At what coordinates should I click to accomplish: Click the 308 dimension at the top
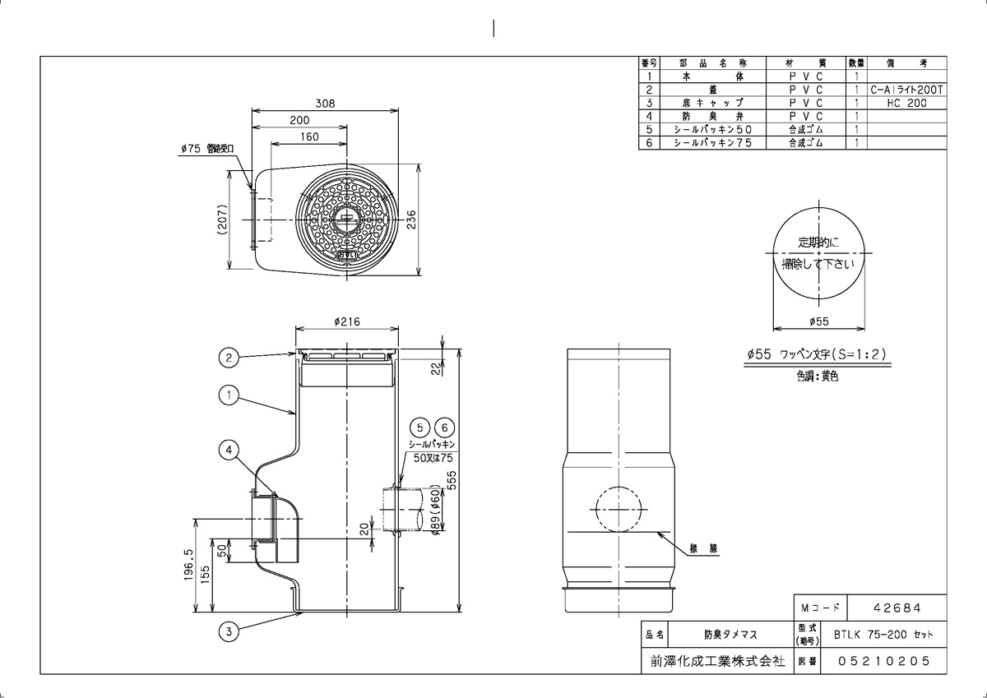[x=326, y=104]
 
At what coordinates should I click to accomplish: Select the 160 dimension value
[x=308, y=136]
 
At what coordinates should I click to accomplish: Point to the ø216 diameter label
[x=348, y=321]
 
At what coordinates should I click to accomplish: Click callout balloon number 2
[x=229, y=358]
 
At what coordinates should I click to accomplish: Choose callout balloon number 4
[x=229, y=449]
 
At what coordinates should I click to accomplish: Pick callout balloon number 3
[x=229, y=631]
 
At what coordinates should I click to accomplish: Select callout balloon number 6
[x=443, y=428]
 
